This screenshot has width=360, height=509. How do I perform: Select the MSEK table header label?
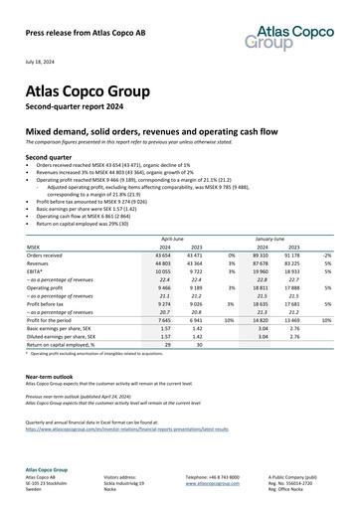pyautogui.click(x=35, y=248)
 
